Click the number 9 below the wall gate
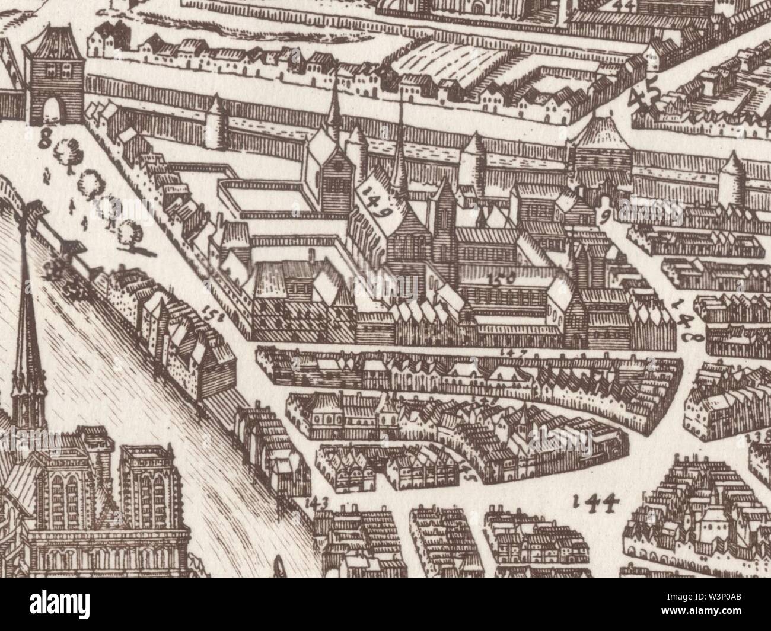[x=604, y=216]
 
